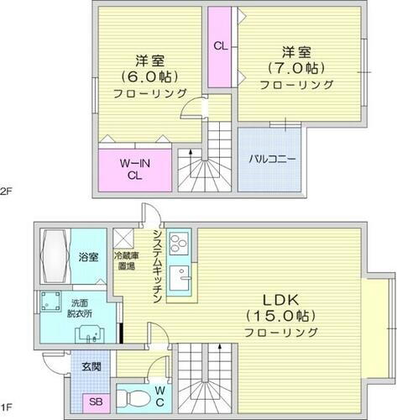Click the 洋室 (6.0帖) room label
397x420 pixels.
[x=149, y=76]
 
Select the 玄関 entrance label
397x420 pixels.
[x=91, y=367]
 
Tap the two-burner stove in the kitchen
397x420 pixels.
[x=180, y=244]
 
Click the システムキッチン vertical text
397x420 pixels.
[x=157, y=263]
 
